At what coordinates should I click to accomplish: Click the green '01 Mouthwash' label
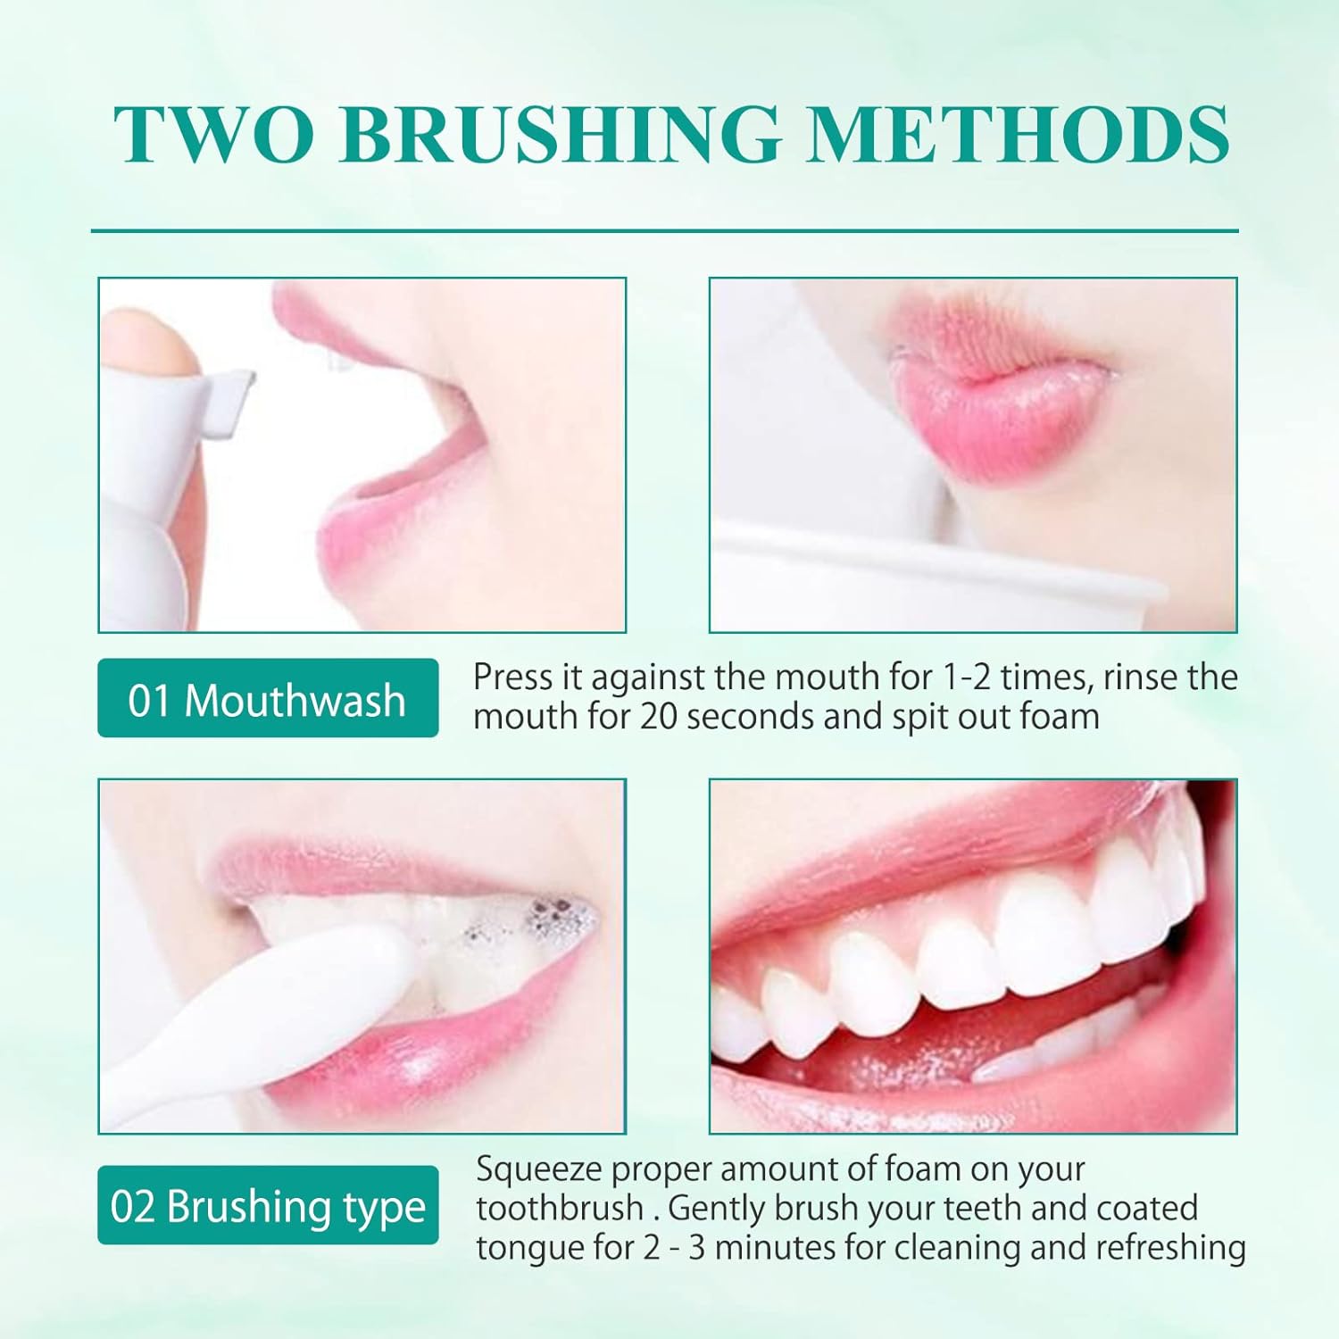coord(267,699)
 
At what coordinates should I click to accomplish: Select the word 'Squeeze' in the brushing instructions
coord(539,1169)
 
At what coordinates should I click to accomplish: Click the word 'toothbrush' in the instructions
coord(560,1208)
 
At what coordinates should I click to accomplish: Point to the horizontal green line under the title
coord(665,231)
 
